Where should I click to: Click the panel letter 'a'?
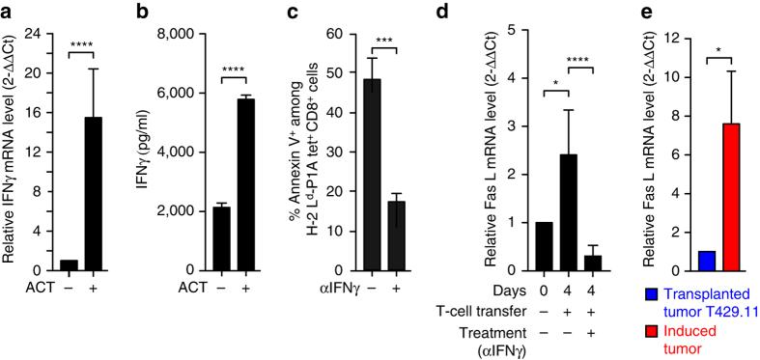point(8,12)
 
